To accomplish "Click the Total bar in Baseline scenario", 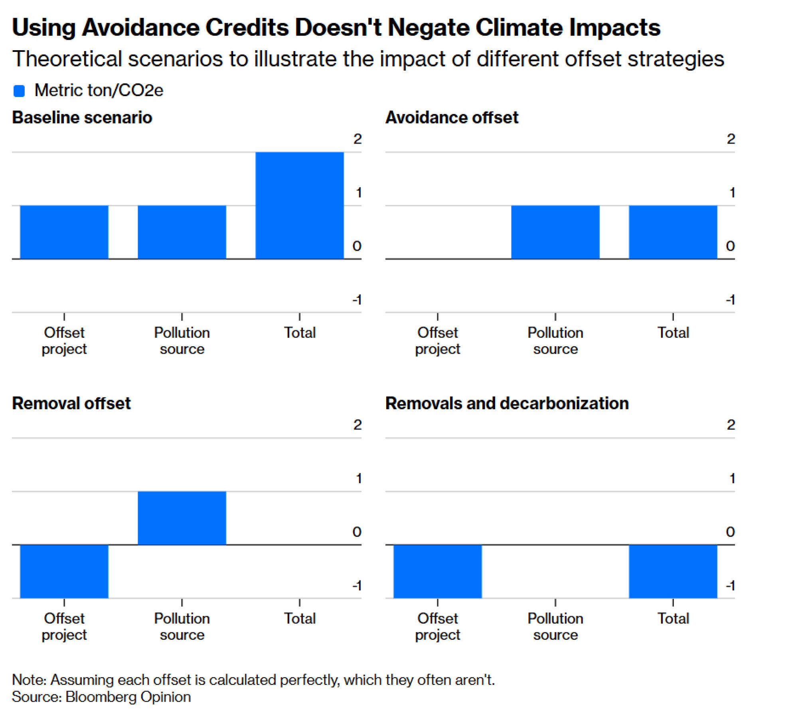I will point(299,205).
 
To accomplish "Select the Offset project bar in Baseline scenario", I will point(64,232).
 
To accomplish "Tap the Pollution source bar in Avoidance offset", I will point(555,232).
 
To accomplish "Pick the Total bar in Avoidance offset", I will point(673,232).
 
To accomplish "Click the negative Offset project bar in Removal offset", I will point(64,571).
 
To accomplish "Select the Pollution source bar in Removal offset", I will point(182,518).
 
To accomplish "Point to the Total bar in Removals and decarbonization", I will point(673,571).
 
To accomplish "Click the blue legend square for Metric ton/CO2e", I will point(19,91).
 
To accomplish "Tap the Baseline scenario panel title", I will point(82,118).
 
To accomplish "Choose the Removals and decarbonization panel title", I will point(507,403).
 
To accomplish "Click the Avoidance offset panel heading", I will point(452,118).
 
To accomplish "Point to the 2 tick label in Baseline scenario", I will point(357,139).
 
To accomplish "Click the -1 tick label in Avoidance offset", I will point(730,300).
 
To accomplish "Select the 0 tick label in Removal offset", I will point(357,532).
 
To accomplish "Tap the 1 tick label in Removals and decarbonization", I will point(731,478).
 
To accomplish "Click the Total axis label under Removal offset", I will point(300,618).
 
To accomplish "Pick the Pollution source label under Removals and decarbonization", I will point(555,626).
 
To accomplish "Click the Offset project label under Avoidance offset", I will point(437,341).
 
